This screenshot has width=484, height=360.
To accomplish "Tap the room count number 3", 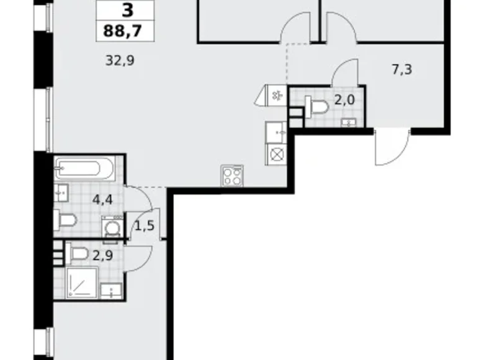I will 126,11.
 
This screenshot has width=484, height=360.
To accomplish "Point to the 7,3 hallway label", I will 402,69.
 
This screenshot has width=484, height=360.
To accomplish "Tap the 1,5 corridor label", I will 144,226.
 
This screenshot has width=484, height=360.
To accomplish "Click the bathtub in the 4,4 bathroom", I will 84,168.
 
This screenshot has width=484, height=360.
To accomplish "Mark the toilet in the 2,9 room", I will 78,253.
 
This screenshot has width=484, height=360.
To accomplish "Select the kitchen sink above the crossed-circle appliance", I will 275,132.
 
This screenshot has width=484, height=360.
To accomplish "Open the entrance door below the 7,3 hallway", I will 391,146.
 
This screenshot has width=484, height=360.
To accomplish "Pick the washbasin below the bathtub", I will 61,191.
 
